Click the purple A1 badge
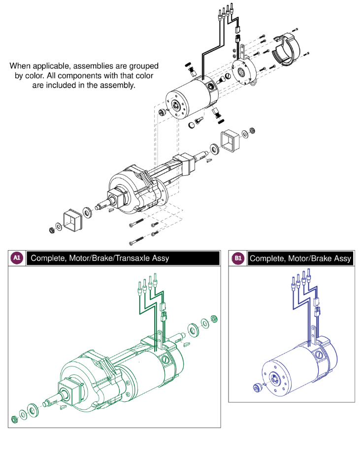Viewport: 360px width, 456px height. (17, 258)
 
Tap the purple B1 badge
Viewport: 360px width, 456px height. (238, 258)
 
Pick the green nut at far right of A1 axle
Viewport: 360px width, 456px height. (214, 319)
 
